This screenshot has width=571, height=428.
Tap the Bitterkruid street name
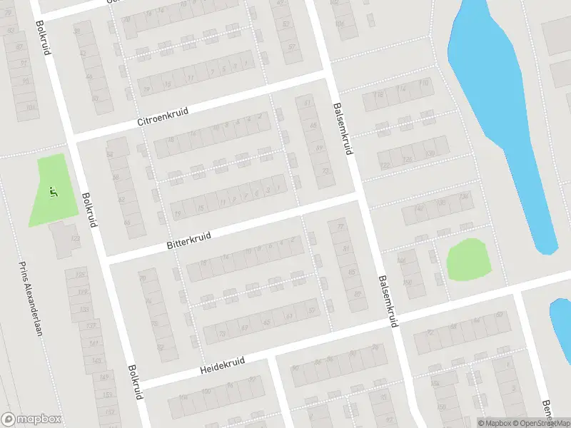click(x=191, y=238)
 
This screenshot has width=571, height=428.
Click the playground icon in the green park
click(x=52, y=191)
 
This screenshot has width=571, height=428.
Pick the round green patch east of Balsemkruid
click(x=468, y=260)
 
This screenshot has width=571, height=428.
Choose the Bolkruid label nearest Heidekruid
click(x=134, y=383)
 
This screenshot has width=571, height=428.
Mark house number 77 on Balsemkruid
click(x=340, y=227)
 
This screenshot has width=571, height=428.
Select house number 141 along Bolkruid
click(x=94, y=343)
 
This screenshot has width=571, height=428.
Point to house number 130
click(x=429, y=153)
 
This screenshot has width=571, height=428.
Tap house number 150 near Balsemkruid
click(x=408, y=282)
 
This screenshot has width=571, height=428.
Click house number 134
click(x=465, y=196)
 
